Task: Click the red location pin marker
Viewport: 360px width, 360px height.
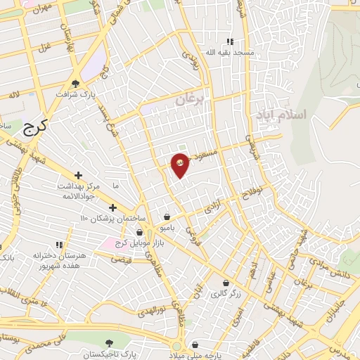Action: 180,165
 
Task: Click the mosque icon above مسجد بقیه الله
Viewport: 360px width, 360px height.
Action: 229,42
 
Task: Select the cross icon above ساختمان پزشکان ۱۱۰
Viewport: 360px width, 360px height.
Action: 112,207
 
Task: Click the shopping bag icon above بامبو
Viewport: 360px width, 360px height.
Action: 167,217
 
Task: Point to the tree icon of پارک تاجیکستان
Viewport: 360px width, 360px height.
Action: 106,345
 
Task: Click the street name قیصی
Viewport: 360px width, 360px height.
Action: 121,259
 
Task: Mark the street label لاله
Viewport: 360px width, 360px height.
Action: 13,95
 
